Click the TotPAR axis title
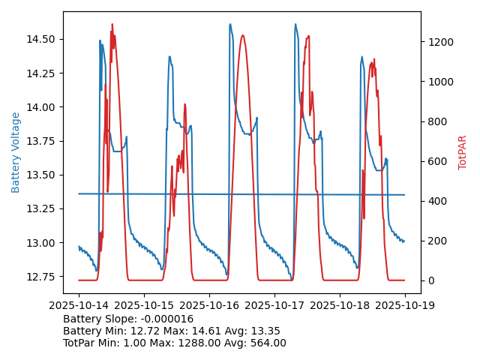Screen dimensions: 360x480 (x=462, y=152)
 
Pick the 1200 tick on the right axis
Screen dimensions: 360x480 (x=438, y=42)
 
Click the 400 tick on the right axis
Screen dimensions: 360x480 (x=435, y=201)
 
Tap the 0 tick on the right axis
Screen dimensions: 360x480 (x=429, y=280)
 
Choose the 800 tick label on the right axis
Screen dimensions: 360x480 (x=435, y=121)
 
